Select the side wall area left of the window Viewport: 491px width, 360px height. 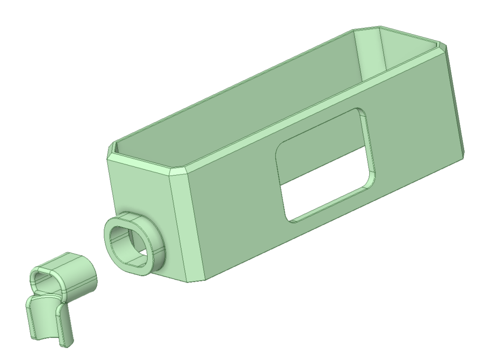click(233, 201)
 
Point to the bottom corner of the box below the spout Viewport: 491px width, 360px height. click(193, 279)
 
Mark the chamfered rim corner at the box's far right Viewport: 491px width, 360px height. click(443, 44)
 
